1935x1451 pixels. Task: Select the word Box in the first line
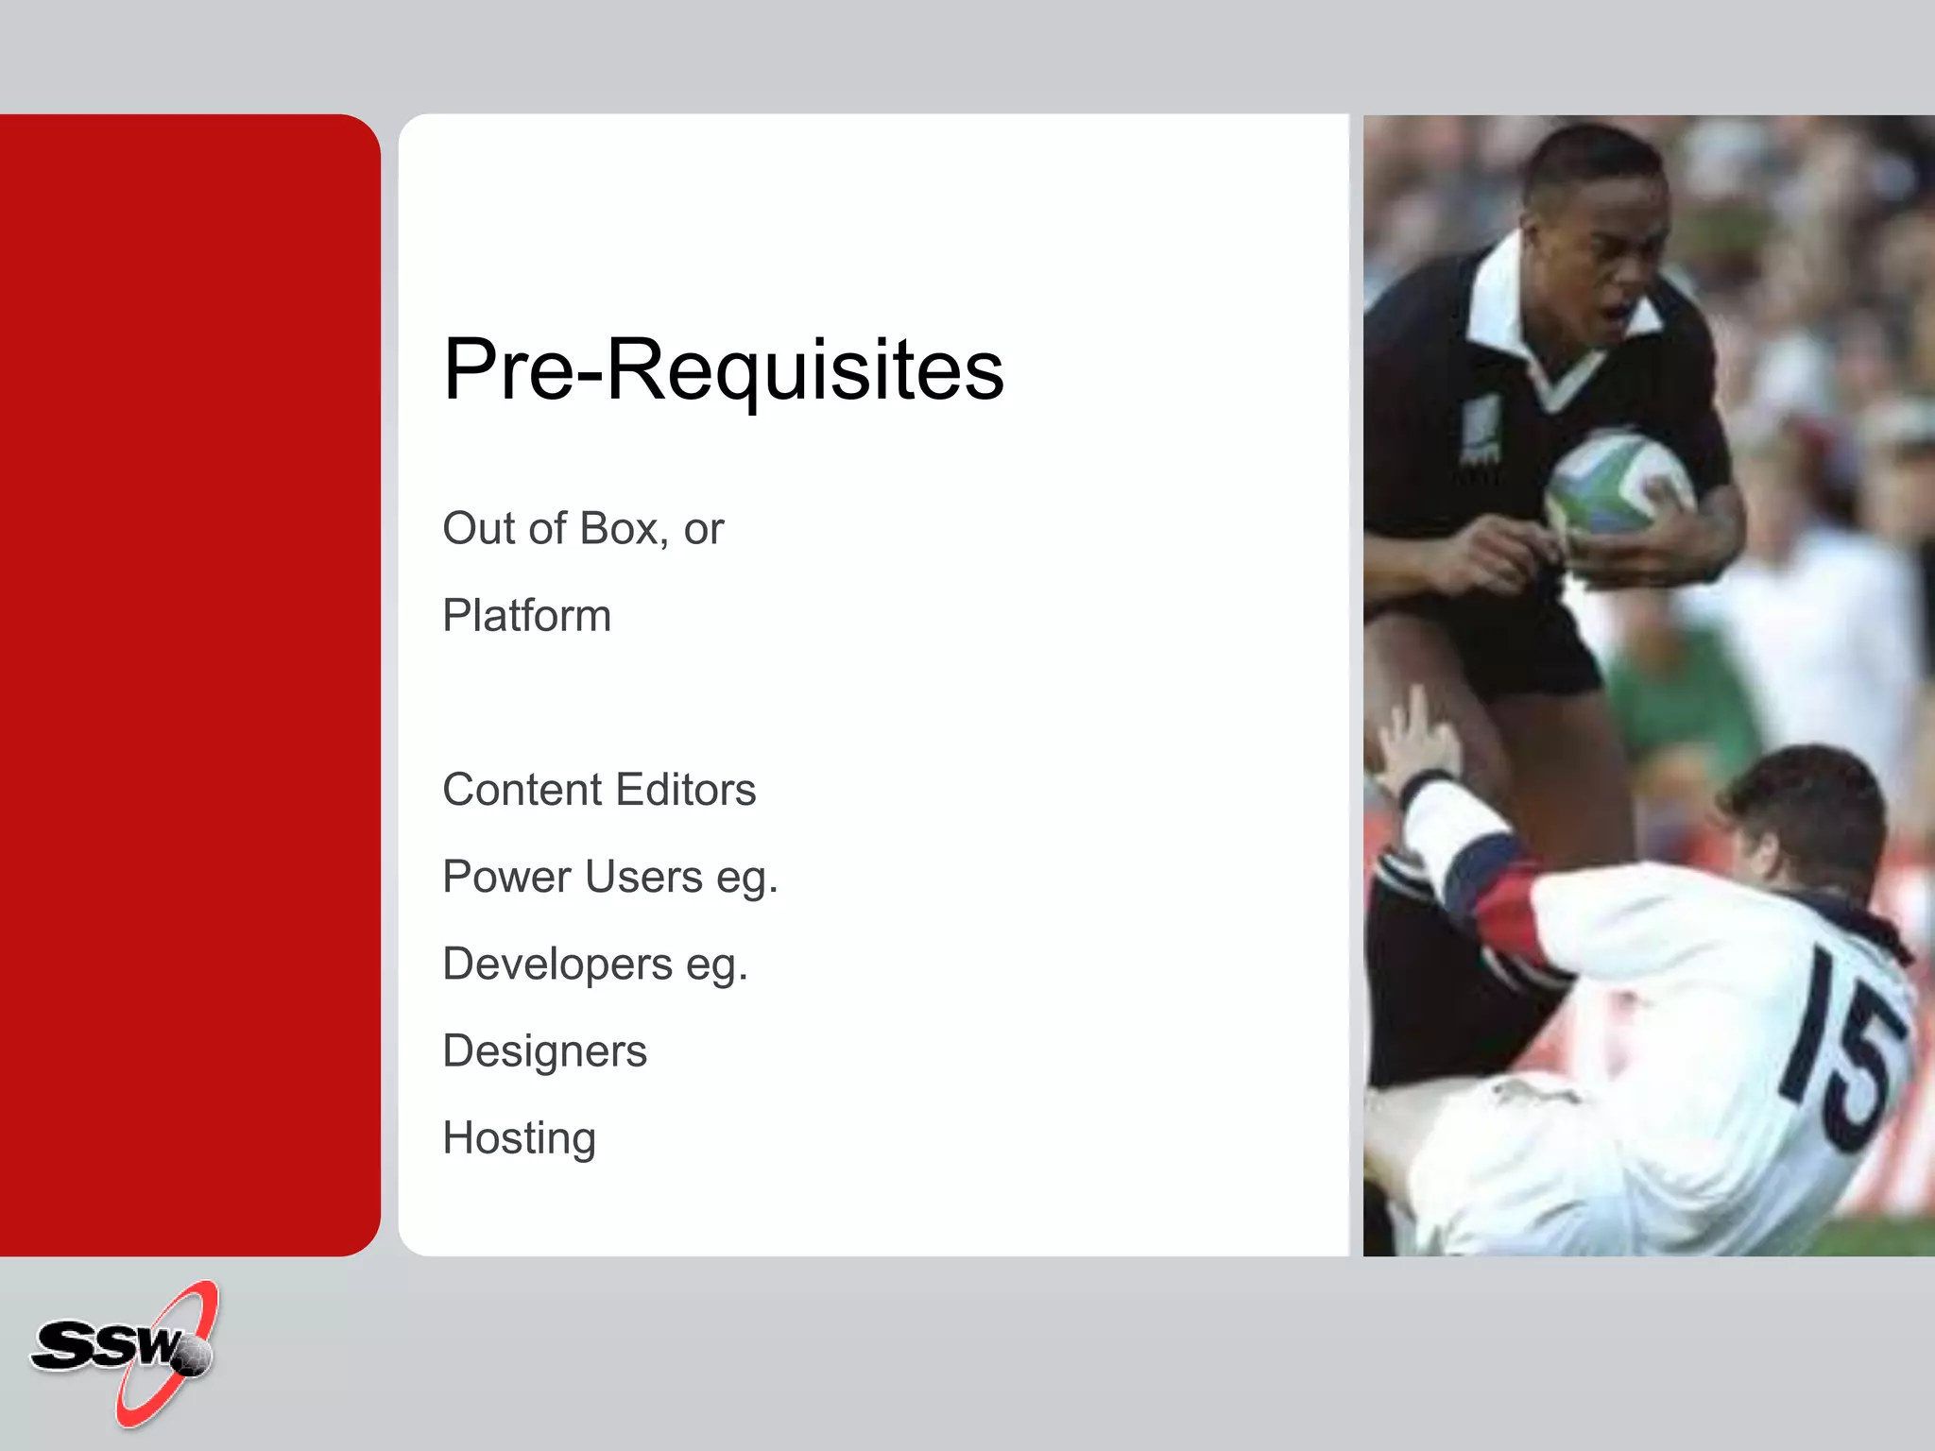[619, 528]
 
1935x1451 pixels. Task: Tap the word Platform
[526, 616]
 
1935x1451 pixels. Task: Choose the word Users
[643, 877]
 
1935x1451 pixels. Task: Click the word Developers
[557, 964]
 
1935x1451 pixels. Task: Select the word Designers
[544, 1051]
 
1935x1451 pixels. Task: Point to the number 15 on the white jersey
[1842, 1049]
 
